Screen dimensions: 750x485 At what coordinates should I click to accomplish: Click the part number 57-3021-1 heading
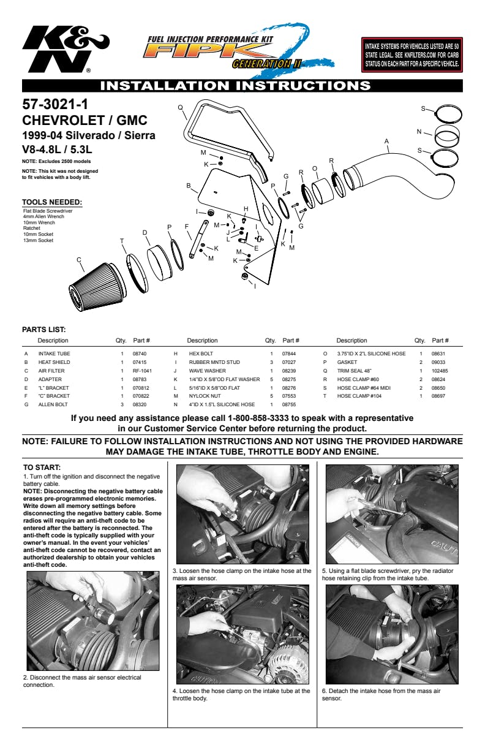tap(56, 105)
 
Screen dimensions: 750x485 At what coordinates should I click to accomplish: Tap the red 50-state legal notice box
tap(412, 55)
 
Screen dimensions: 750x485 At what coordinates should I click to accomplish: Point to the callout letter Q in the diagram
tap(181, 107)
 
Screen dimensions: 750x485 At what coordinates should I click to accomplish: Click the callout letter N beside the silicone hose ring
tap(419, 131)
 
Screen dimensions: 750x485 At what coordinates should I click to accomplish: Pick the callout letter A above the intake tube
tap(386, 141)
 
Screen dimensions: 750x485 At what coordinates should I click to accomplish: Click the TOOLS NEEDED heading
tap(52, 202)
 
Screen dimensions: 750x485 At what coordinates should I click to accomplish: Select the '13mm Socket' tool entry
tap(38, 240)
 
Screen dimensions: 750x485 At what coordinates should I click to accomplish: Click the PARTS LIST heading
tap(43, 330)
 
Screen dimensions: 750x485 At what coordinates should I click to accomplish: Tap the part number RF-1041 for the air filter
tap(142, 371)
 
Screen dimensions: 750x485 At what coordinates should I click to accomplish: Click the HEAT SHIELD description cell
tap(55, 362)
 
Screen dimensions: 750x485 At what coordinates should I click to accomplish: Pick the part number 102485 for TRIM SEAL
tap(440, 371)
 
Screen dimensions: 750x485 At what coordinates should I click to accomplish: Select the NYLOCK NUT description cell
tap(205, 396)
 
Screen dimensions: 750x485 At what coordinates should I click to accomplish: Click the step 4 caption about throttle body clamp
tap(241, 694)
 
